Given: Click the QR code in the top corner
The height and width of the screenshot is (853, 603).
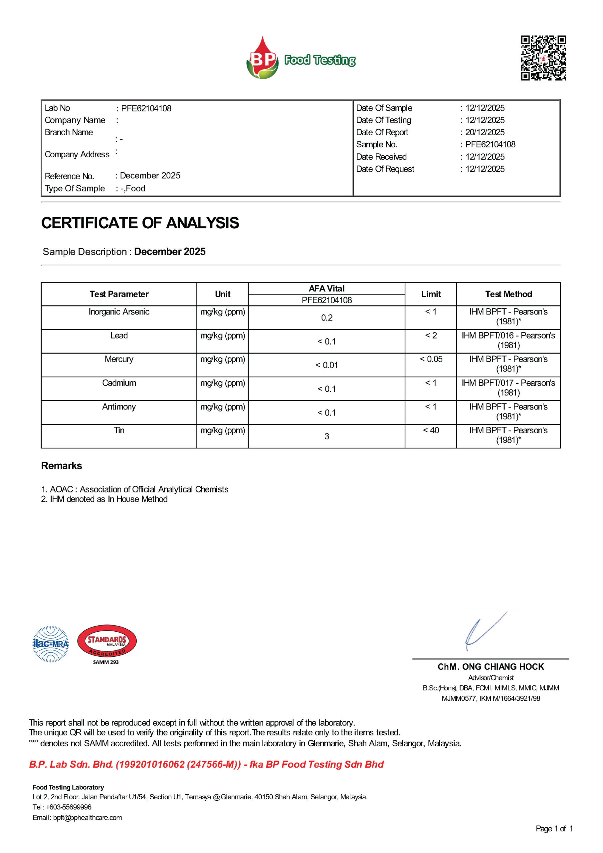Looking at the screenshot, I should click(543, 58).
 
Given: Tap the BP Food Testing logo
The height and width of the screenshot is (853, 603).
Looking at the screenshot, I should click(301, 58).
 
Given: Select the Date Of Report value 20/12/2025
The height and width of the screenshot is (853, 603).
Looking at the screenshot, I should click(485, 132).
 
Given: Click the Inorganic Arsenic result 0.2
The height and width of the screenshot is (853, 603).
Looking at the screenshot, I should click(327, 318).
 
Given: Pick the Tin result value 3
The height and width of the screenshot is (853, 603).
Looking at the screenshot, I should click(327, 436).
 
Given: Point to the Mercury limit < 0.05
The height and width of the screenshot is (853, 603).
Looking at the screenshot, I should click(431, 360).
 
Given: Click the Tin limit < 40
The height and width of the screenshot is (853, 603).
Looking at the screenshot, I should click(431, 430).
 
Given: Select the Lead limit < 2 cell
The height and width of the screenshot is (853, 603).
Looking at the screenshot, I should click(431, 336).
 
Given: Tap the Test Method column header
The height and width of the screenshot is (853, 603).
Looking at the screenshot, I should click(508, 294).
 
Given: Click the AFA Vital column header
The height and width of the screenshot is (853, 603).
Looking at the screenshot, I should click(327, 289).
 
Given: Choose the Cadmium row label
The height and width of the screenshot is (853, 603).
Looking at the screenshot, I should click(119, 383).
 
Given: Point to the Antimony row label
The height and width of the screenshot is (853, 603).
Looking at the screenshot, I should click(119, 407).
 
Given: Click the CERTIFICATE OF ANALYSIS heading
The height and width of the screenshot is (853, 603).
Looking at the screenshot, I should click(140, 223).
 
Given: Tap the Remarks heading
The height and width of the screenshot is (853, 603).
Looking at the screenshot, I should click(62, 466).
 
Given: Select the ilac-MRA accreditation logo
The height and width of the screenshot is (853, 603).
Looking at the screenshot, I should click(51, 644).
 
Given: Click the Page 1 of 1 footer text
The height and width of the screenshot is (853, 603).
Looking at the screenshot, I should click(554, 829).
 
